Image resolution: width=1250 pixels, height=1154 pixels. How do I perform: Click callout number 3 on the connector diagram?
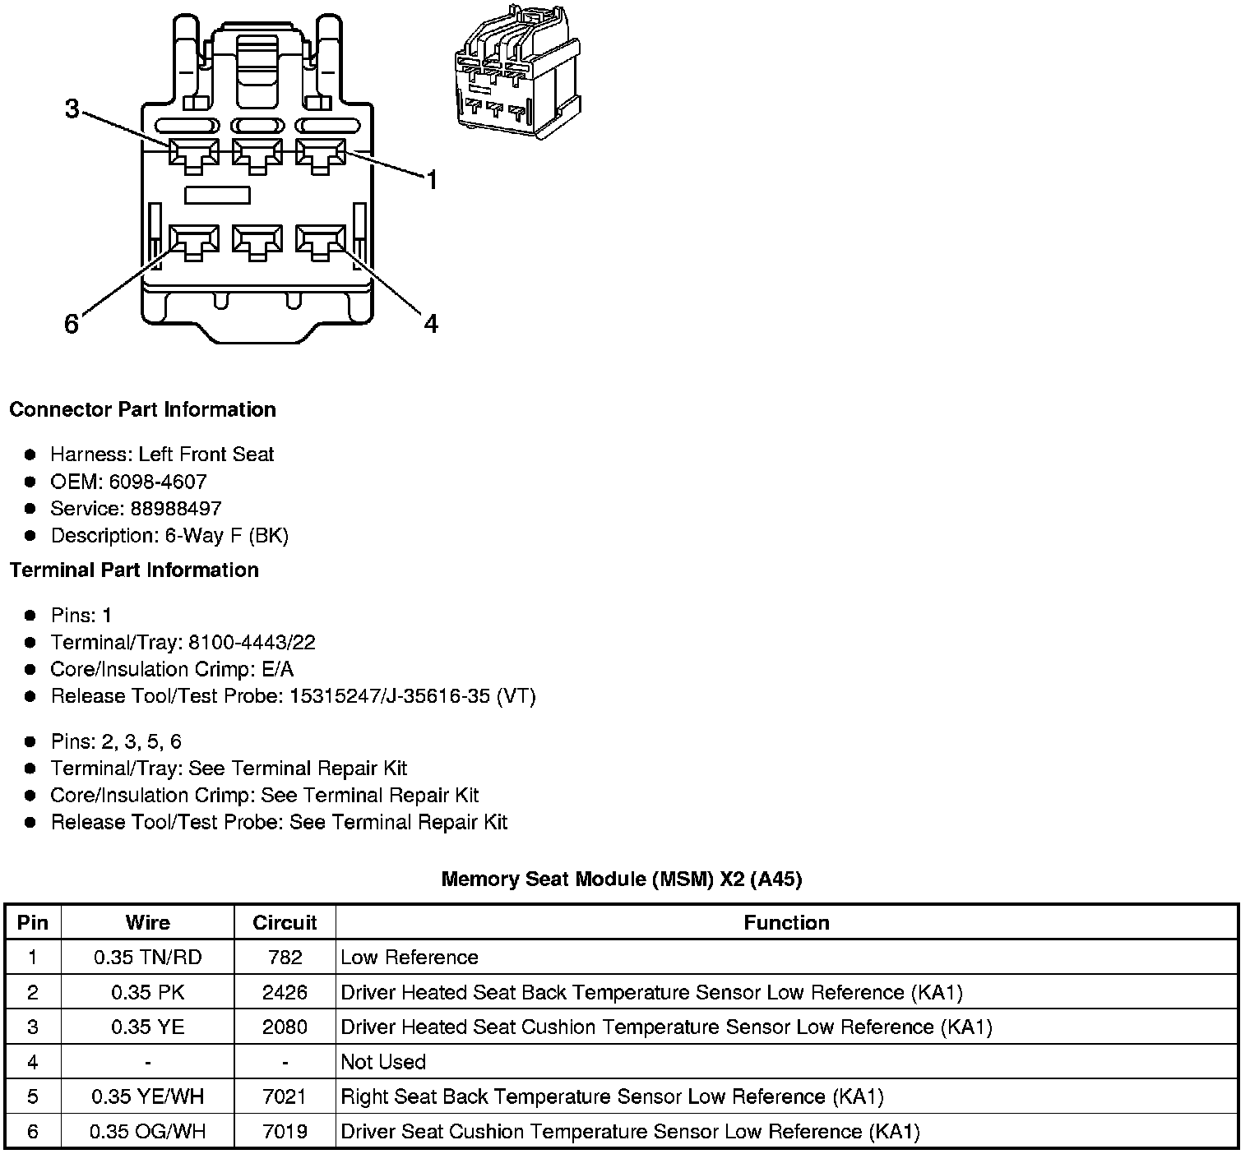click(72, 108)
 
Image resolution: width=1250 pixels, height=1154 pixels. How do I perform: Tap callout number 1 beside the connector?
click(432, 180)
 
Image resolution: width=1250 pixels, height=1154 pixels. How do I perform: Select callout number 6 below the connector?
click(72, 325)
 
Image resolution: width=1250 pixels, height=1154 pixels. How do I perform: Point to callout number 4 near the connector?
click(431, 324)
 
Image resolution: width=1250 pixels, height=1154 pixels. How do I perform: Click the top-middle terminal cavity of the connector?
click(257, 154)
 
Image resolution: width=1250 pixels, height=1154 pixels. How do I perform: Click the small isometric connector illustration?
click(511, 72)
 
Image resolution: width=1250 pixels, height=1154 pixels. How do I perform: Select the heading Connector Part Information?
click(142, 409)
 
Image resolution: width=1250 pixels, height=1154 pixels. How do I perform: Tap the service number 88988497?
click(175, 509)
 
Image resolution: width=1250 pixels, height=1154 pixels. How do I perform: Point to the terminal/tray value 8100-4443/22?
click(252, 643)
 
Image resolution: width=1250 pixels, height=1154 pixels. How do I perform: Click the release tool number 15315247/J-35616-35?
click(391, 696)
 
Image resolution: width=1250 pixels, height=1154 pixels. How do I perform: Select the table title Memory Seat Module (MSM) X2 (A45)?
click(621, 879)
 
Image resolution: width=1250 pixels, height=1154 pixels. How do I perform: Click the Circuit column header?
click(285, 923)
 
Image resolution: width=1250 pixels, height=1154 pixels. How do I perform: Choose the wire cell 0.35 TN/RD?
click(147, 958)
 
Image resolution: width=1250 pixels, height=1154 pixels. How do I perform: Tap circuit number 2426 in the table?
click(285, 993)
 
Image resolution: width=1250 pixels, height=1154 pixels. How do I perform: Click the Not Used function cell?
click(383, 1062)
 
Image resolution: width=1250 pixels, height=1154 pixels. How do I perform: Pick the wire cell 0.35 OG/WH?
click(147, 1132)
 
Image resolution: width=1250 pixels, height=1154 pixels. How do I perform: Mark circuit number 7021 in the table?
click(285, 1097)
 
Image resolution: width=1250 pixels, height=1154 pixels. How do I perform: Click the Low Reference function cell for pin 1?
click(409, 958)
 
